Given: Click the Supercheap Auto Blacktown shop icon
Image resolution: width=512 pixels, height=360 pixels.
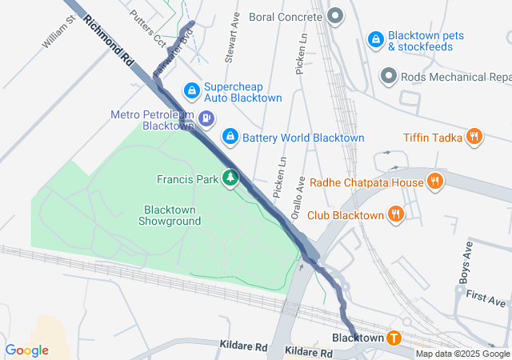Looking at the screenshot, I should point(191,90).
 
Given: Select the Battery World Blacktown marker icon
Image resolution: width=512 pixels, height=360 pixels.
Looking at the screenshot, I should point(230,138).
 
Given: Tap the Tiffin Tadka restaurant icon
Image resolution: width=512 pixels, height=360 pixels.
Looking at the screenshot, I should point(474,138).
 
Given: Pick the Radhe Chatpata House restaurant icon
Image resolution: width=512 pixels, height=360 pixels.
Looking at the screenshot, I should point(434,182).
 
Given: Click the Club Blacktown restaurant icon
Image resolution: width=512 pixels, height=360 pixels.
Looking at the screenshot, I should point(395,214).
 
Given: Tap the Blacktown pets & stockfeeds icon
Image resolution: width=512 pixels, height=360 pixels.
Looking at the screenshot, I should point(375,39).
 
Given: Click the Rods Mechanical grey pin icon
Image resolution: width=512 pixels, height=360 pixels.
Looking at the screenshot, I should point(389,77).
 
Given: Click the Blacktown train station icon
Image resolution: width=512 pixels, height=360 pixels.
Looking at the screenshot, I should point(394,338).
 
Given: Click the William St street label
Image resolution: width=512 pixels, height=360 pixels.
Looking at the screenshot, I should point(58,33).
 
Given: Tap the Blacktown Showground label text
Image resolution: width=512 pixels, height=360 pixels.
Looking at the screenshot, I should point(170,214).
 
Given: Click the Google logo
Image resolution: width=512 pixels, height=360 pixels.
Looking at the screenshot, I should point(26,350).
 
